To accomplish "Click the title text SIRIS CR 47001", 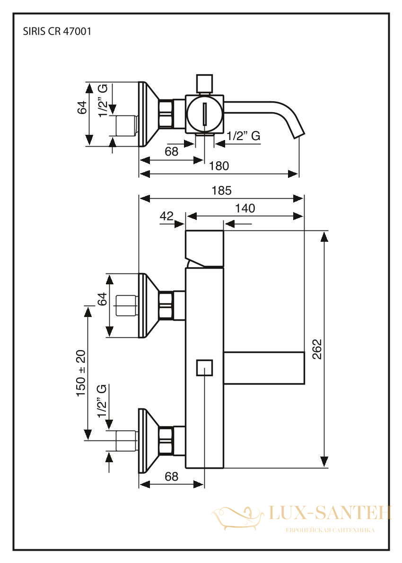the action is click(x=57, y=32).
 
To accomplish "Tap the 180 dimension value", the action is click(x=219, y=166).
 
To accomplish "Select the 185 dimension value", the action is click(x=222, y=190).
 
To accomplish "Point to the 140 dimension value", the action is click(x=245, y=208).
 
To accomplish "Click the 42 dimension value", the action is click(x=166, y=216).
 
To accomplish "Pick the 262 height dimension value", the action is click(x=317, y=349).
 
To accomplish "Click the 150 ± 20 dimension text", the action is click(x=81, y=373).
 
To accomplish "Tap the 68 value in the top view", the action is click(x=172, y=151).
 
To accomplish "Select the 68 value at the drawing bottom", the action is click(x=172, y=476).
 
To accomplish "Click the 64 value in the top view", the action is click(x=82, y=107).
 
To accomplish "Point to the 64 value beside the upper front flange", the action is click(x=103, y=299).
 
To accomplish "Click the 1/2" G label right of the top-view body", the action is click(x=244, y=136).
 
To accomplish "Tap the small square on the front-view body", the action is click(x=205, y=367).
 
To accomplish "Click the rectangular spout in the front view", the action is click(x=264, y=368).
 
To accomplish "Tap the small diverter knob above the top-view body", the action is click(x=205, y=84).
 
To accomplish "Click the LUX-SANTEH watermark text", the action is click(x=329, y=512).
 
